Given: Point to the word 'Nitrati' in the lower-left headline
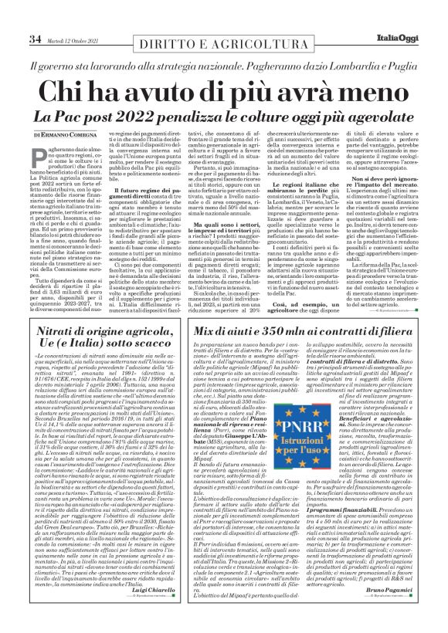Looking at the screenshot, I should [59, 352].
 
